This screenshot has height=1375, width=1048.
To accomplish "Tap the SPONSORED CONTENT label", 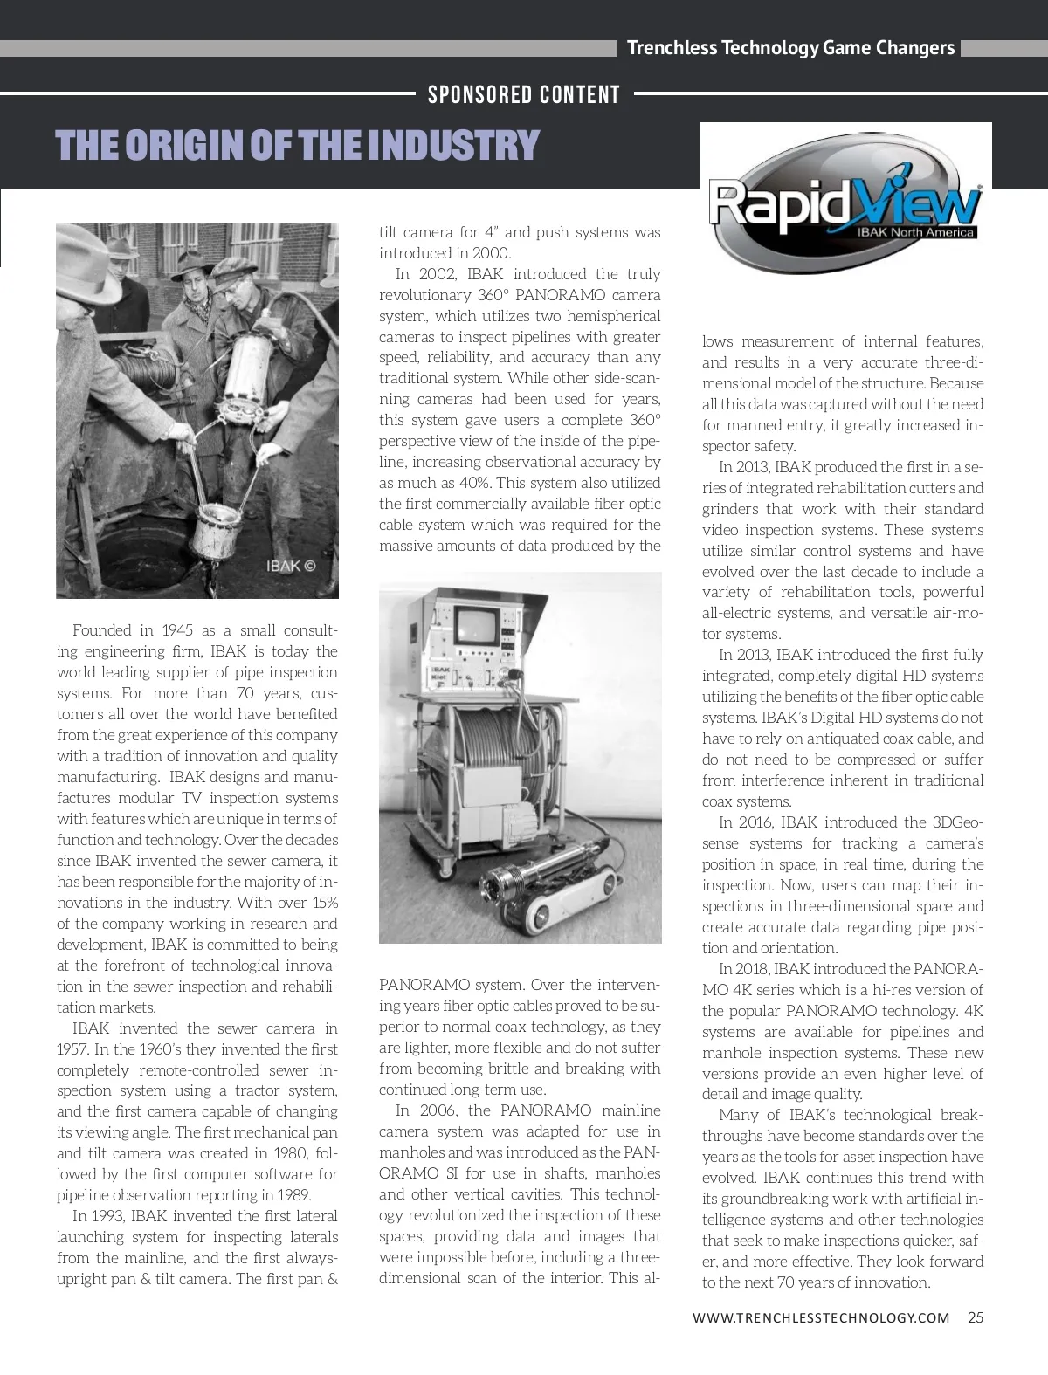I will pos(523,94).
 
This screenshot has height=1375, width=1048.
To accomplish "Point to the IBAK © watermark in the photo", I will pos(290,567).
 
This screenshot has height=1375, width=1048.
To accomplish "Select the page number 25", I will pos(976,1318).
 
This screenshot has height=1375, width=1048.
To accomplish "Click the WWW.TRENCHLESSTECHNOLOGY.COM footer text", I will pos(821,1318).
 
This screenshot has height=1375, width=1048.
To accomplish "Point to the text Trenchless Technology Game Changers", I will pos(790,48).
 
